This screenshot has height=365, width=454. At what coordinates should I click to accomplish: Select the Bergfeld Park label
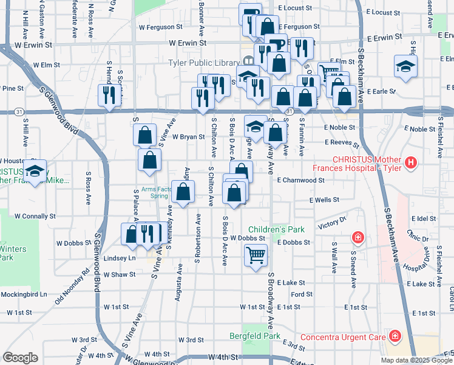255,336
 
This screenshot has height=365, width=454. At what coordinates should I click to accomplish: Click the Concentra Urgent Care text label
344,336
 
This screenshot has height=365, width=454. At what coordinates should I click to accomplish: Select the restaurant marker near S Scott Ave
109,96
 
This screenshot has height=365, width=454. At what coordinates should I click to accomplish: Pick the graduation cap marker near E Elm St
405,66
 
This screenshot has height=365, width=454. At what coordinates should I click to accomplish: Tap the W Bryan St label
188,137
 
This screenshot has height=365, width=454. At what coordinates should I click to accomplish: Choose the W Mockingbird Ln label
24,294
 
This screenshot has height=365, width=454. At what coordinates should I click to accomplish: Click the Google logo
20,358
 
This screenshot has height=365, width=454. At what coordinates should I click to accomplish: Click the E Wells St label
324,200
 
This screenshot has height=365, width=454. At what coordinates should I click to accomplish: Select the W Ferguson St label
160,27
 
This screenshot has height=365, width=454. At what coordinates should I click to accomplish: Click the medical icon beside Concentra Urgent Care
395,336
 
